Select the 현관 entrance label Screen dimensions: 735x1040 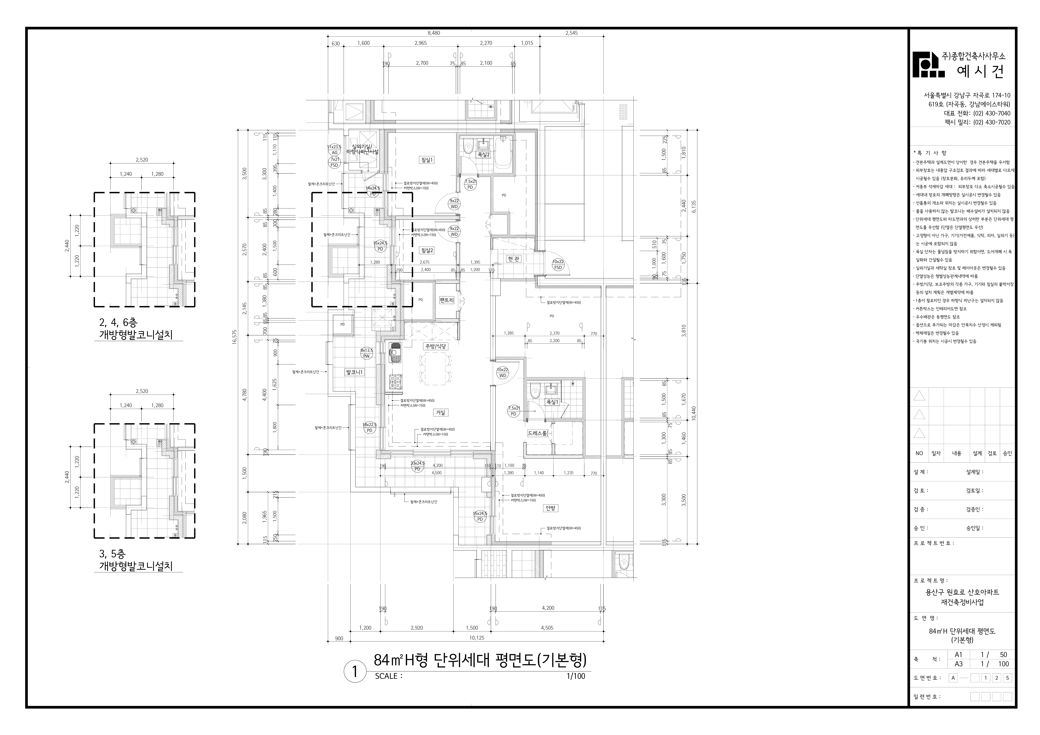[x=514, y=259]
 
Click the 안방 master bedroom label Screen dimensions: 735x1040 [x=550, y=508]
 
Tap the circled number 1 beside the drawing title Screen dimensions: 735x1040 [x=355, y=672]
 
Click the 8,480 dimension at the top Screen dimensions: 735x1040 [x=433, y=33]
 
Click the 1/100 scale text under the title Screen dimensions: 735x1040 [x=575, y=689]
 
